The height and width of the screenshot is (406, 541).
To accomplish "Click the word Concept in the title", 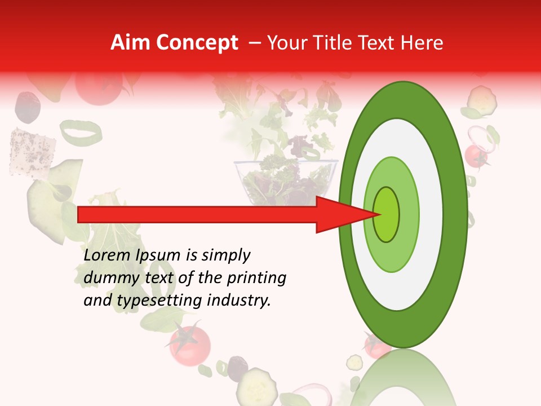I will click(x=197, y=43).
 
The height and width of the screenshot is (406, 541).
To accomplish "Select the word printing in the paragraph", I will click(x=256, y=278).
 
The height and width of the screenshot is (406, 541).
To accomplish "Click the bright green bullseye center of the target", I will click(x=387, y=214).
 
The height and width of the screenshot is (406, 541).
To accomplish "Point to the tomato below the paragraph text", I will click(x=190, y=343).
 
